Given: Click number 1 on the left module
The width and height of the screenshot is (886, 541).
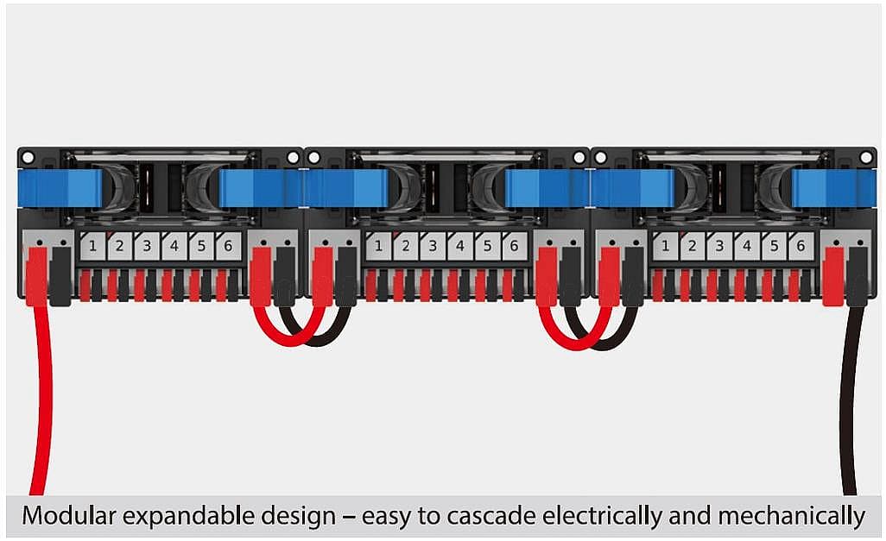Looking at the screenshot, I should [x=92, y=247].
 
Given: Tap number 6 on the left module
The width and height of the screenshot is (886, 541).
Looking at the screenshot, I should [x=228, y=247].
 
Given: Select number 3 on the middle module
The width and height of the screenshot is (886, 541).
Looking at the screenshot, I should [x=433, y=247].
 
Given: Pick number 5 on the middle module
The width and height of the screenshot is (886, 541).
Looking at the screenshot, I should [x=487, y=247].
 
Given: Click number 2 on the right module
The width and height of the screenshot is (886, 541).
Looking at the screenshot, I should [x=692, y=247].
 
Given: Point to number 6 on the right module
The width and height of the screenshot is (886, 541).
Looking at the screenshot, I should [x=801, y=247].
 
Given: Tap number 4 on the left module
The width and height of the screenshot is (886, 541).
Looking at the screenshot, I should [x=174, y=247].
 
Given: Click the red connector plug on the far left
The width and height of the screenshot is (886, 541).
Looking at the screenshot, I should [x=36, y=275].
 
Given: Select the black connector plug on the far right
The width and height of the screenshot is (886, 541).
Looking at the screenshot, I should [x=857, y=275].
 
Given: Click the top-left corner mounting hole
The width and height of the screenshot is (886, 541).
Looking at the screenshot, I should [x=28, y=158].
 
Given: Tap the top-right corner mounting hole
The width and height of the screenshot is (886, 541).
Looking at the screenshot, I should [x=865, y=158].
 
